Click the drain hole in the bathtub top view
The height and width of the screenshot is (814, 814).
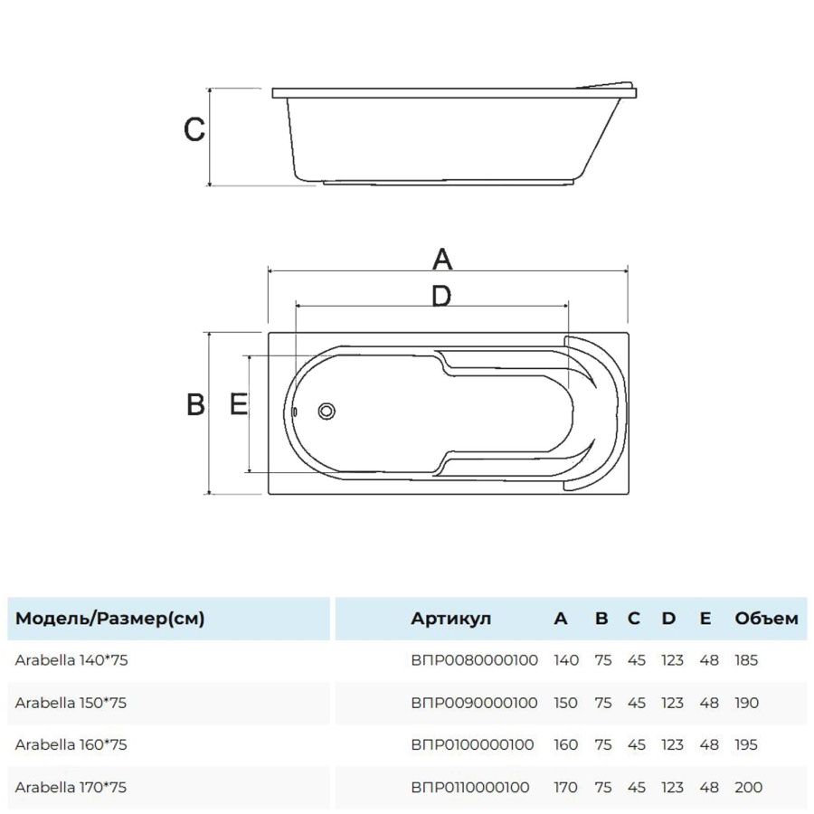click(x=327, y=412)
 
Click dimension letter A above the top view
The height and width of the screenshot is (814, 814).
click(x=441, y=259)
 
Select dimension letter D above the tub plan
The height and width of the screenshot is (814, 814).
click(x=441, y=297)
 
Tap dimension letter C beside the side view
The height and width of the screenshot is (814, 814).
click(x=194, y=129)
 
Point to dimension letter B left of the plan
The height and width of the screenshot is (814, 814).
click(x=195, y=404)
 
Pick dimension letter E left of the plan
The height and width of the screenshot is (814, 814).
click(x=239, y=404)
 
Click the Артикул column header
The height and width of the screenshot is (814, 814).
click(x=450, y=619)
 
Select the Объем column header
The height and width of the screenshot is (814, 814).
click(x=766, y=619)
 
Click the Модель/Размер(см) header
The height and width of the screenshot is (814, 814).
click(x=110, y=619)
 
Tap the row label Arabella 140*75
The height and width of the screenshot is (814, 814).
click(x=71, y=660)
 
